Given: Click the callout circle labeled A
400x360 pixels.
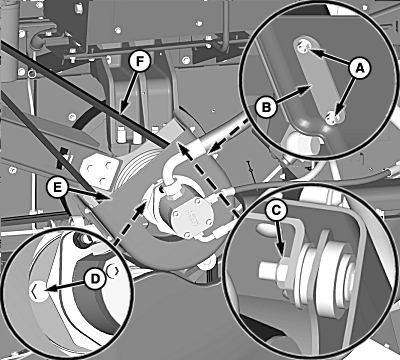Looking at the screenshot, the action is (x=359, y=68).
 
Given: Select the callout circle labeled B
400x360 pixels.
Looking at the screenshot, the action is (x=266, y=107).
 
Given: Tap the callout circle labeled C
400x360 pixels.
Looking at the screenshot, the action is (x=276, y=210).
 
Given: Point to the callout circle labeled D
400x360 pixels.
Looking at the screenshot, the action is (x=95, y=279).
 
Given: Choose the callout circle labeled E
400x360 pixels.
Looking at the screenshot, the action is (x=58, y=188).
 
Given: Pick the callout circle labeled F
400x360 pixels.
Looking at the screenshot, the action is (x=140, y=61).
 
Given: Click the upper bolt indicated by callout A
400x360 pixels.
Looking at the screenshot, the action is (x=303, y=47).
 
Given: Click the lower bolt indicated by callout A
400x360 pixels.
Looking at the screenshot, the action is (x=332, y=118).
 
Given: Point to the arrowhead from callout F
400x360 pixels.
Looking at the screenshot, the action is (x=121, y=109).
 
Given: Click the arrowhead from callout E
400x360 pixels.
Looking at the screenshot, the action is (x=104, y=197).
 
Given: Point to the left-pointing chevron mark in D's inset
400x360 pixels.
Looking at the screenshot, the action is (x=36, y=291).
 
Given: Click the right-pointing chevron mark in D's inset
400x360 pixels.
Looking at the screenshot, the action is (x=113, y=271).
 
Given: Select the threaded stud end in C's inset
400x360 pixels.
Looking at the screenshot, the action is (x=267, y=270).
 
